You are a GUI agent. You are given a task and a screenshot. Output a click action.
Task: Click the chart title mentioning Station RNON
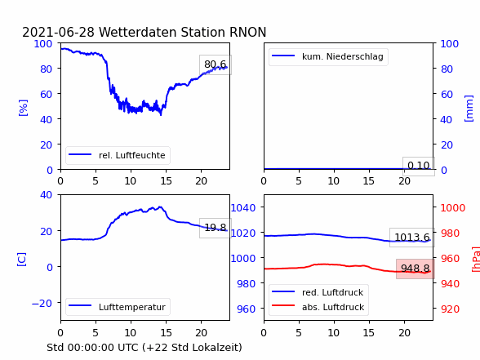click(144, 32)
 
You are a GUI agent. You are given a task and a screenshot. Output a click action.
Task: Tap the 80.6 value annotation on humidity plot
click(216, 64)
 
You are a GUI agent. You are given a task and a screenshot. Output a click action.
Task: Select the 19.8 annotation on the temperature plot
click(216, 228)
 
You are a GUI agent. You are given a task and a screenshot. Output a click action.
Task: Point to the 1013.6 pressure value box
click(412, 238)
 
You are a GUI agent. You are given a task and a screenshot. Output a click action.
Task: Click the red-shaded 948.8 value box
click(415, 269)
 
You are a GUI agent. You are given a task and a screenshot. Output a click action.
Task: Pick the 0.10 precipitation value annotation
click(419, 166)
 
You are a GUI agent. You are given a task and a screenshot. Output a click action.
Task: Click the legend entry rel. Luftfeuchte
click(118, 155)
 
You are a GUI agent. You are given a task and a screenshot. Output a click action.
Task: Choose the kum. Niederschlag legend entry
click(328, 56)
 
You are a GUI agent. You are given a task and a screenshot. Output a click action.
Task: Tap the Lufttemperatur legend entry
click(118, 307)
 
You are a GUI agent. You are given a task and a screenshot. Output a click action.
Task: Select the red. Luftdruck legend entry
click(318, 292)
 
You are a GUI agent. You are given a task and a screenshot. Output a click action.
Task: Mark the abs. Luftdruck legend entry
click(318, 307)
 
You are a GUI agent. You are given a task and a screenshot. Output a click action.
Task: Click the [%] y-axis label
click(23, 108)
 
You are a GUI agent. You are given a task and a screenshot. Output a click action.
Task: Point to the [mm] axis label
click(469, 109)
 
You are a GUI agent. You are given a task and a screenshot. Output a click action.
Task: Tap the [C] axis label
click(22, 260)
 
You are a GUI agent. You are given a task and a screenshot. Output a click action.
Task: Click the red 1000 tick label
click(453, 208)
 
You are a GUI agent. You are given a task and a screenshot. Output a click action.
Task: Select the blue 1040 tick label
click(243, 208)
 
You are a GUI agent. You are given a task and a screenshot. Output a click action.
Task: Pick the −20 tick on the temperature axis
click(42, 304)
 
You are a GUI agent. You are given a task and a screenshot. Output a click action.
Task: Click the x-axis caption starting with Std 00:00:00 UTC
click(144, 348)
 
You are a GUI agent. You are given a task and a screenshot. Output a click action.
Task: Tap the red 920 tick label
click(450, 309)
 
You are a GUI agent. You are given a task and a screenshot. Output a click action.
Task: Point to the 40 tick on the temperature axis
click(47, 194)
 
